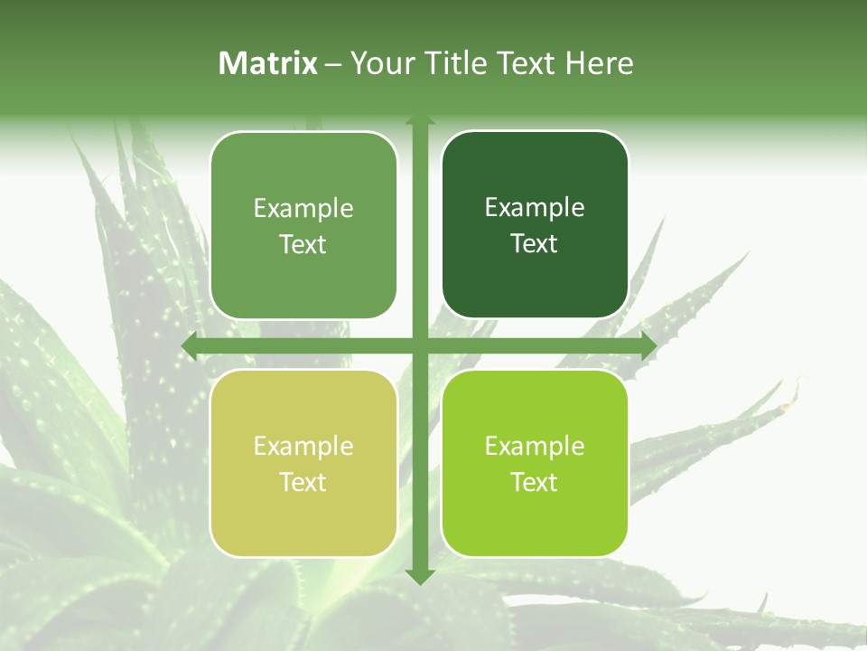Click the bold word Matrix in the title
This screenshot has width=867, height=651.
pos(268,63)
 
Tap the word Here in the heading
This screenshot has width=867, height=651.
pos(599,63)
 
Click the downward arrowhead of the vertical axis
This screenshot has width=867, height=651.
pos(420,576)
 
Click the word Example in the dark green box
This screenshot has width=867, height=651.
pos(535,208)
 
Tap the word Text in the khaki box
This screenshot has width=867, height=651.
pos(303,482)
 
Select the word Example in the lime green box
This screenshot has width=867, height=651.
pos(535,446)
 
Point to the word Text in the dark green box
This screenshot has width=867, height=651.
pos(535,244)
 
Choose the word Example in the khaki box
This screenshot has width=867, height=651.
pos(303,446)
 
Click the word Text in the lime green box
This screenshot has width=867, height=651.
pos(535,482)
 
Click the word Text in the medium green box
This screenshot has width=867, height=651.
pos(303,244)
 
